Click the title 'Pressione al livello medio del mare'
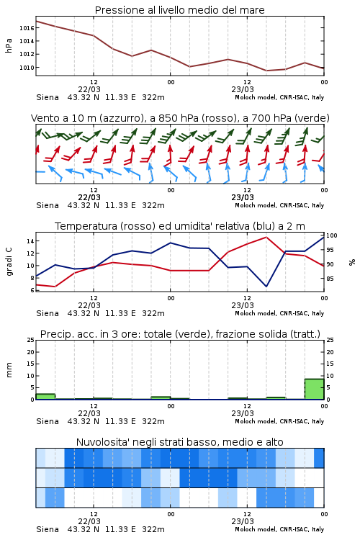pyautogui.click(x=179, y=10)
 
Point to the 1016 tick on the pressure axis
pyautogui.click(x=27, y=28)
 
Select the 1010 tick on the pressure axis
pyautogui.click(x=27, y=68)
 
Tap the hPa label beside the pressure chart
pyautogui.click(x=9, y=45)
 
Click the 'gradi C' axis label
pyautogui.click(x=9, y=262)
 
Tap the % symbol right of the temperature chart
pyautogui.click(x=352, y=262)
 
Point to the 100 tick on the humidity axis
pyautogui.click(x=331, y=235)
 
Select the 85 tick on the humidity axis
pyautogui.click(x=330, y=279)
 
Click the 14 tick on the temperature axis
pyautogui.click(x=30, y=241)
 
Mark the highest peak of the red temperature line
pyautogui.click(x=266, y=237)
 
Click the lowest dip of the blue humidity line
pyautogui.click(x=266, y=286)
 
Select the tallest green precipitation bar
pyautogui.click(x=314, y=389)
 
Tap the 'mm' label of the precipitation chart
pyautogui.click(x=9, y=370)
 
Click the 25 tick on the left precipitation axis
pyautogui.click(x=31, y=340)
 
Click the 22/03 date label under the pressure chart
pyautogui.click(x=89, y=89)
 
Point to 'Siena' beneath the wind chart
pyautogui.click(x=48, y=205)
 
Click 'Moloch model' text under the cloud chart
pyautogui.click(x=256, y=529)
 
